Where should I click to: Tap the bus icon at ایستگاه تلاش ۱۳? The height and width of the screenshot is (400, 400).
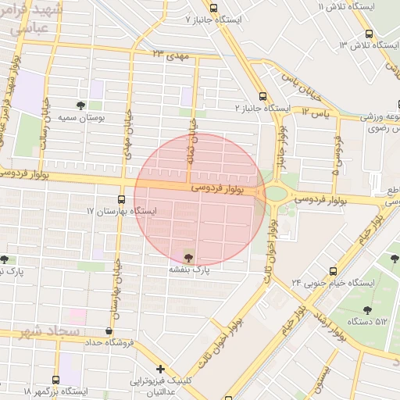point(370,34)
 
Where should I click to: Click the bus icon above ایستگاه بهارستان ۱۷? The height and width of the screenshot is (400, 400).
point(120,199)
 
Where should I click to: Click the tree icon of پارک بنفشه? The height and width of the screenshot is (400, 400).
point(188,255)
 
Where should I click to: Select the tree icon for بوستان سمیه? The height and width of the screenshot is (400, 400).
point(81,105)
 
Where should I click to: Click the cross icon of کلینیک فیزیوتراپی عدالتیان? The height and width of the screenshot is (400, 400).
point(160,368)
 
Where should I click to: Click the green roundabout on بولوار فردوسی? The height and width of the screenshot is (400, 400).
point(276,193)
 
